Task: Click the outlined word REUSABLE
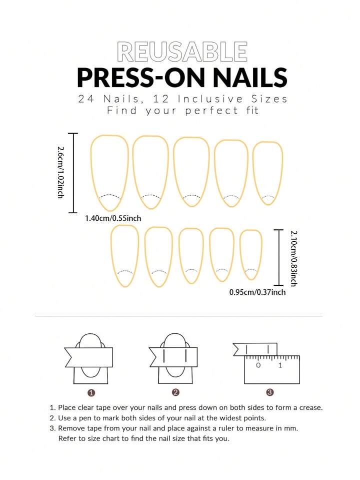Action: click(182, 52)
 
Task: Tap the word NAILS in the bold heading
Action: click(250, 78)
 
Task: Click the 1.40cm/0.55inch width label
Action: click(113, 218)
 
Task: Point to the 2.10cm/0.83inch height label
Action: click(293, 258)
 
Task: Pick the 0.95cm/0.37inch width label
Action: click(257, 292)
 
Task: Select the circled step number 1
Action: click(91, 392)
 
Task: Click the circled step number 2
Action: click(175, 392)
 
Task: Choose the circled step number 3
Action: click(269, 392)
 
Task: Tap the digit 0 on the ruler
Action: click(258, 365)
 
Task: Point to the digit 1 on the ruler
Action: click(280, 365)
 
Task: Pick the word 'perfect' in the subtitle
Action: click(211, 111)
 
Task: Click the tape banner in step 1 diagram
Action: click(88, 357)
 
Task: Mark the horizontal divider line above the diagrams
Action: click(178, 316)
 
